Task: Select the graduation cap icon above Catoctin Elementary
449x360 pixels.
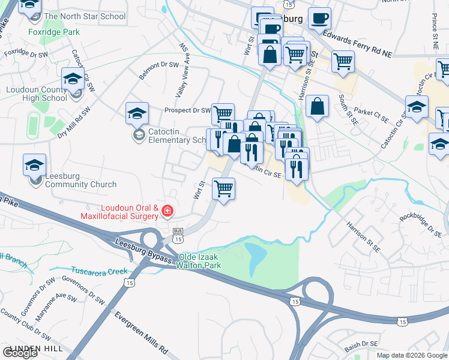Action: tap(137, 113)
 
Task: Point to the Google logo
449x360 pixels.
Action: tap(20, 352)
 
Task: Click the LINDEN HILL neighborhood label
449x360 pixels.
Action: tap(33, 348)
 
